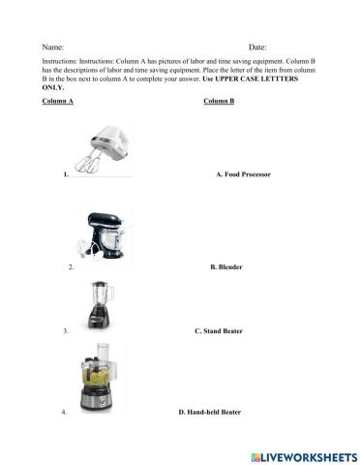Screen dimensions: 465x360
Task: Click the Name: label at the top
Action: [53, 46]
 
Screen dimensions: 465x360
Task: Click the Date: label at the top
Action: [257, 46]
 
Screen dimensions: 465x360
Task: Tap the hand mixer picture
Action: [100, 150]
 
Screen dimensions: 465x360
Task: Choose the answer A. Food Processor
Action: [242, 175]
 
